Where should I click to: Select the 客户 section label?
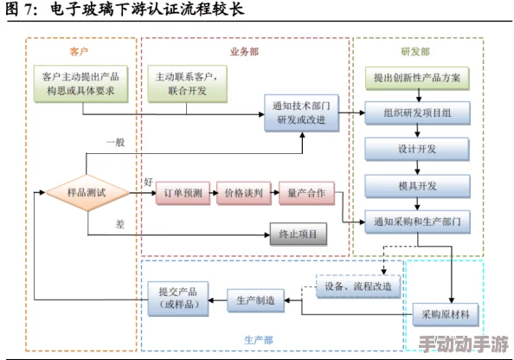point(80,51)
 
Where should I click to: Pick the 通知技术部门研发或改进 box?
point(302,112)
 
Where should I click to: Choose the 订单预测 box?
point(183,194)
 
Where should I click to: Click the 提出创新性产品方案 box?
point(416,77)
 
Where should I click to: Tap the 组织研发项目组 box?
point(416,112)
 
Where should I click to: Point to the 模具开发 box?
point(416,185)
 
